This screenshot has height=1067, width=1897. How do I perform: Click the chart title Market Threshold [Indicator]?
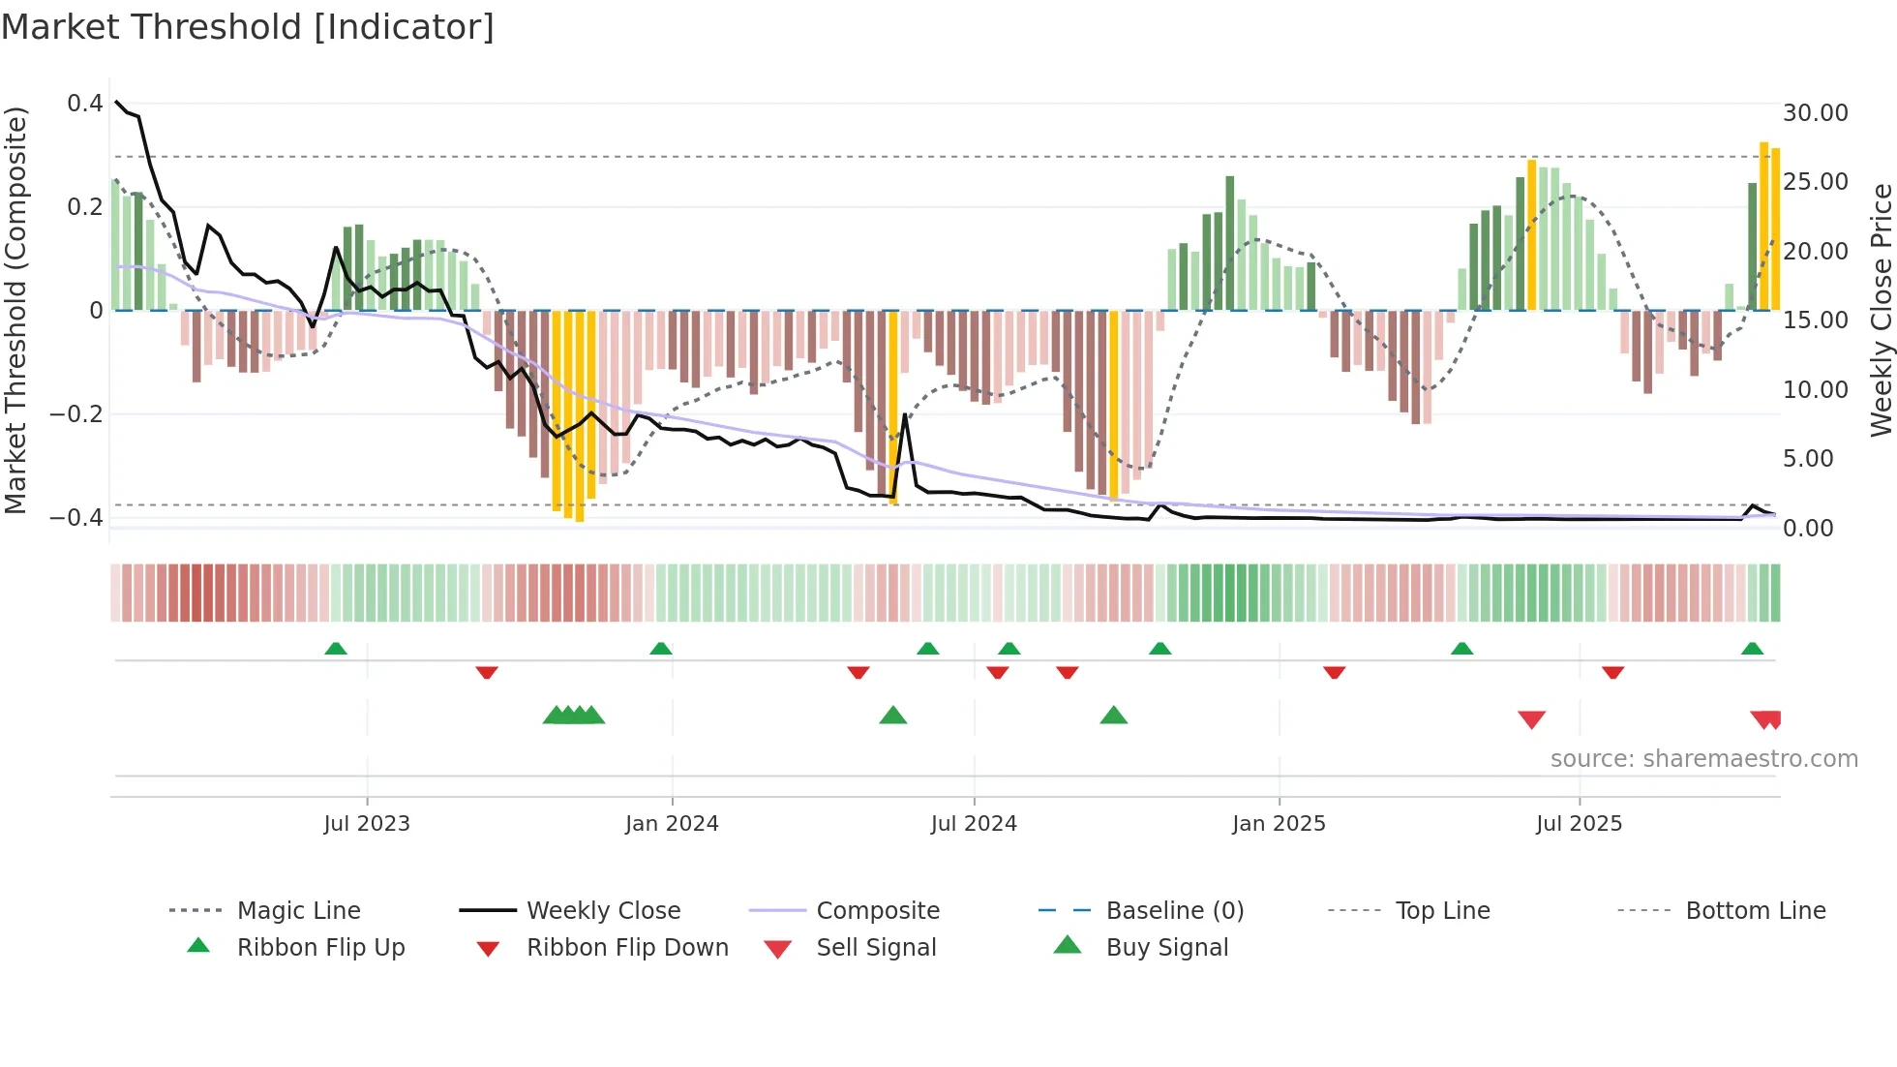point(248,27)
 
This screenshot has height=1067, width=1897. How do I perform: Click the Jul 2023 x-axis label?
point(367,824)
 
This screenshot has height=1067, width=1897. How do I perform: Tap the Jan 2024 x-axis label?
point(672,824)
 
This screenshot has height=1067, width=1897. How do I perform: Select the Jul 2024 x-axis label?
point(974,824)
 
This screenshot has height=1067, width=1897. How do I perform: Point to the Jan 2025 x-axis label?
point(1279,824)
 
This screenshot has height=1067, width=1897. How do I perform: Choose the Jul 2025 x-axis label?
point(1579,824)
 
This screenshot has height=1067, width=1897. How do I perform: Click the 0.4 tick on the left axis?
point(85,104)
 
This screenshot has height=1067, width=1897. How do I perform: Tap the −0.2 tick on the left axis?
point(76,414)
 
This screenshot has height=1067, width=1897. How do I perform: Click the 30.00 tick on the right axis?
point(1816,113)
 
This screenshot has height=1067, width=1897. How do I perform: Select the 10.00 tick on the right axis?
point(1816,390)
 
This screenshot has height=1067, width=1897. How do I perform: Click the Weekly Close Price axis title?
point(1881,310)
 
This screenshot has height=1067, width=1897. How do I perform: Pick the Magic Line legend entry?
point(298,911)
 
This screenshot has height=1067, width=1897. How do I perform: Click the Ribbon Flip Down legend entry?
point(627,948)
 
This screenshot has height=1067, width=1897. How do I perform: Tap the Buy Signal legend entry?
point(1166,948)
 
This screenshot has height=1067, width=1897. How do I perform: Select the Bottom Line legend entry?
point(1755,911)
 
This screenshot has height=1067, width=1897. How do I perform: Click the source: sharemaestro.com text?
point(1703,759)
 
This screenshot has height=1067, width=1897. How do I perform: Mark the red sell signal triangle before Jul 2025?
point(1531,719)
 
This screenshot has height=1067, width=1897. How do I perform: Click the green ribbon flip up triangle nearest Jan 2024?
point(661,649)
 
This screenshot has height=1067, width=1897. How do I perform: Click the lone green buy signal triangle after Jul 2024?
point(1114,716)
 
